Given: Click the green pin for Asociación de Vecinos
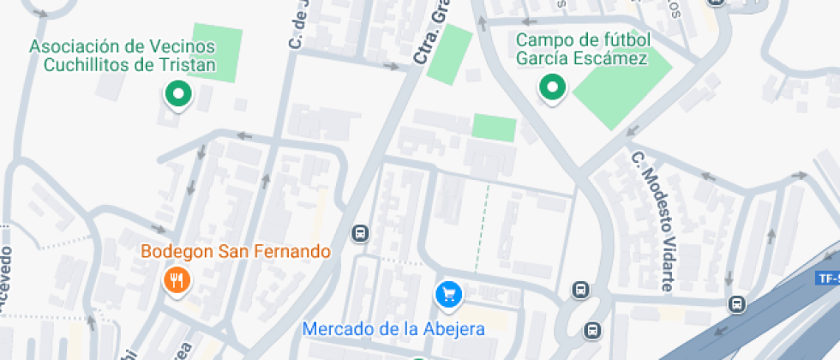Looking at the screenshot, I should tap(177, 94).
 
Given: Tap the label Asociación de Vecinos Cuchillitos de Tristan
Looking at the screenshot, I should tap(122, 56).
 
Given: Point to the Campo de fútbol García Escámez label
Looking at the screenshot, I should tap(582, 49).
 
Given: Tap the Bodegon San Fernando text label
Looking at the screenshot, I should tap(236, 252).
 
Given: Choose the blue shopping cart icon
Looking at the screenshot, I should tap(449, 295).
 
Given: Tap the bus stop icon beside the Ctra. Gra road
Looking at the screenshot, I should tap(360, 233).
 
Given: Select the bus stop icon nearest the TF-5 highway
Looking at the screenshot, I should tap(736, 303).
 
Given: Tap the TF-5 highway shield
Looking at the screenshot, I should tap(828, 278).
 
